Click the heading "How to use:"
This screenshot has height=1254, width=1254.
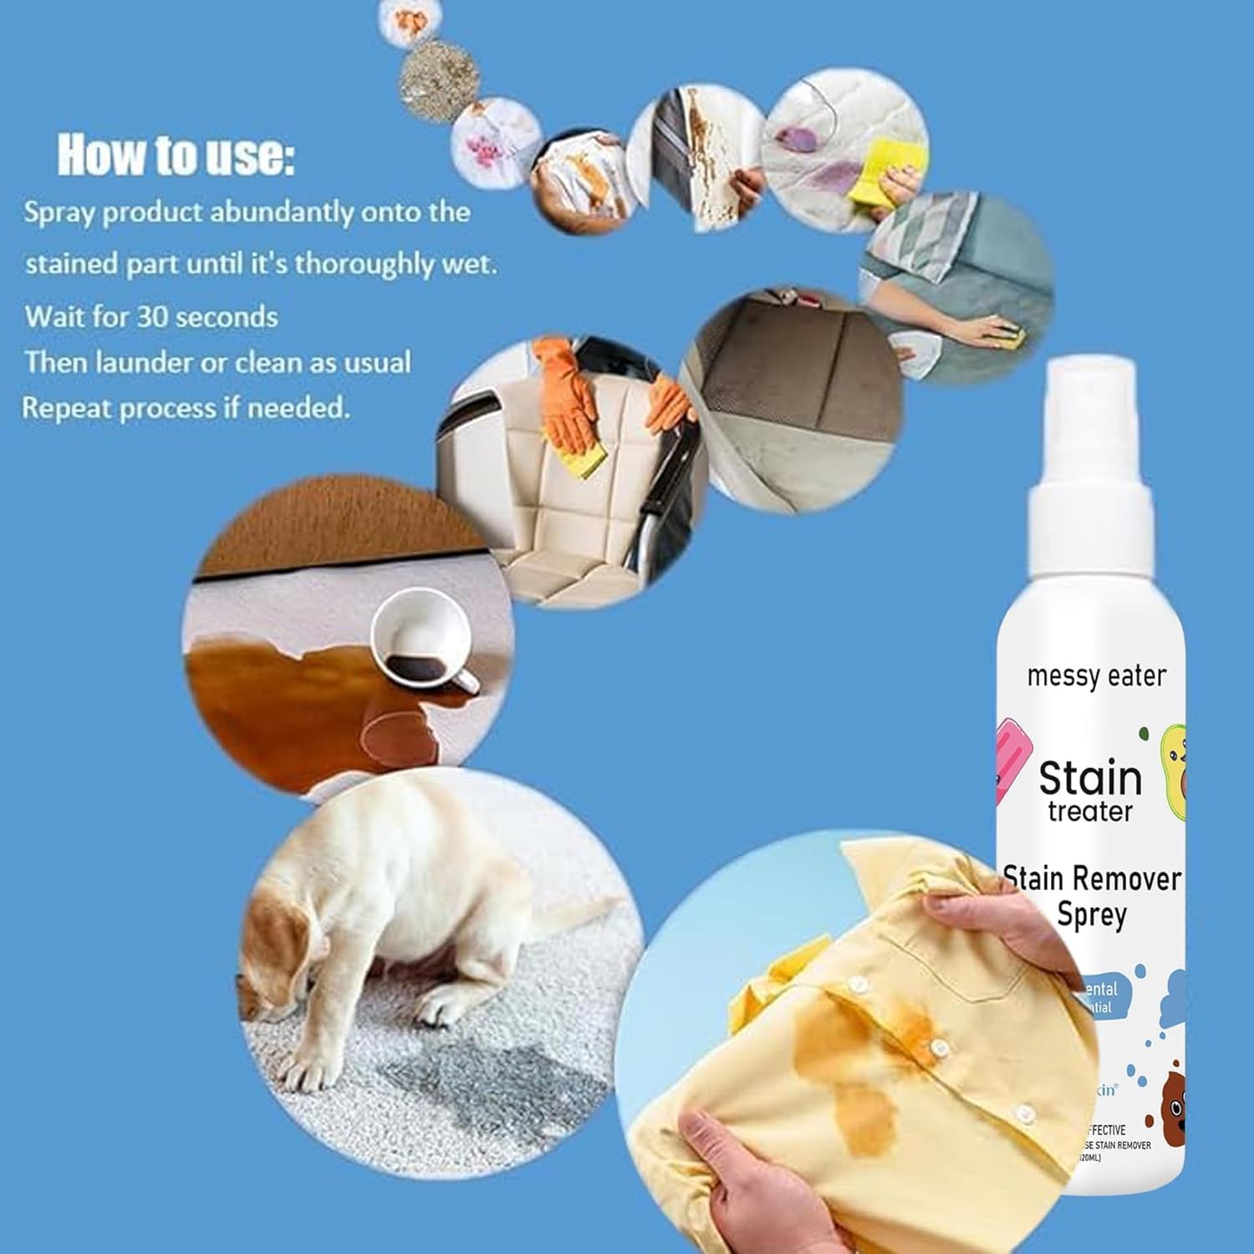click(x=176, y=155)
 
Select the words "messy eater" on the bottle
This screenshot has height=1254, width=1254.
click(x=1096, y=675)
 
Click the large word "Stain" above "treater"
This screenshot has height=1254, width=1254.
click(x=1090, y=779)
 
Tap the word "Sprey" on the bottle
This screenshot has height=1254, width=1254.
click(x=1091, y=915)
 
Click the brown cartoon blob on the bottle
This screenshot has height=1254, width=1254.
click(x=1170, y=1112)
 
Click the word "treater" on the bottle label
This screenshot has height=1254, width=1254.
click(x=1089, y=811)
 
